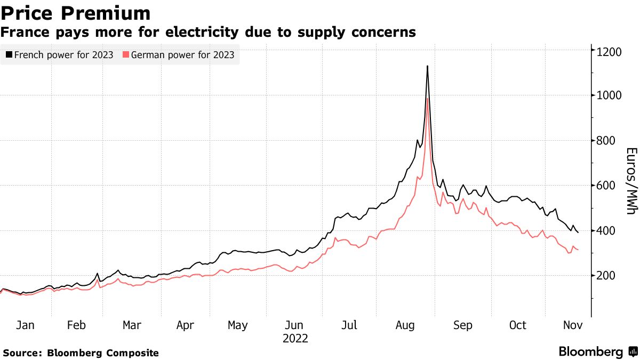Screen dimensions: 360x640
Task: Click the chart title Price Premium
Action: coord(75,13)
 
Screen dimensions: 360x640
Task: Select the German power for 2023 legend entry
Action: coord(179,54)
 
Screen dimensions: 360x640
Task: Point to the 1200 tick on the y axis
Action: coord(609,52)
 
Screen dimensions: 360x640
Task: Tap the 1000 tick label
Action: coord(609,96)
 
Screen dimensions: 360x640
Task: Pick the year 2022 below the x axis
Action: coord(295,338)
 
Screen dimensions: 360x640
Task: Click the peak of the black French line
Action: coord(427,66)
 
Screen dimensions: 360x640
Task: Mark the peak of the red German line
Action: coord(428,99)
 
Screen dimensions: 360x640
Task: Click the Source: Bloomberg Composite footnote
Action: coord(81,353)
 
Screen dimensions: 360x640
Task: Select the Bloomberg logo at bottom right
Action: coord(597,352)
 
